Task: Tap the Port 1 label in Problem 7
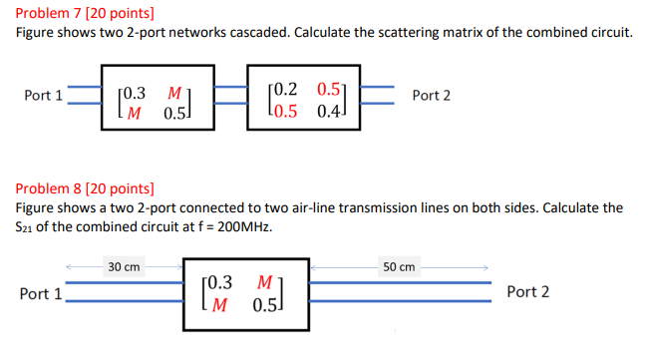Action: (x=44, y=96)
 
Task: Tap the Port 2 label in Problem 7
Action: (x=431, y=96)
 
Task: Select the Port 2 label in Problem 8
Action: (x=527, y=292)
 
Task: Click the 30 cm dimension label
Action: (x=125, y=266)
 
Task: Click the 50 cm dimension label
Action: (x=399, y=266)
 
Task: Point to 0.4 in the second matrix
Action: (x=329, y=107)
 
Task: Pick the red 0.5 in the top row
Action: (x=329, y=87)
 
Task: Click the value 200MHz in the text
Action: (x=238, y=225)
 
